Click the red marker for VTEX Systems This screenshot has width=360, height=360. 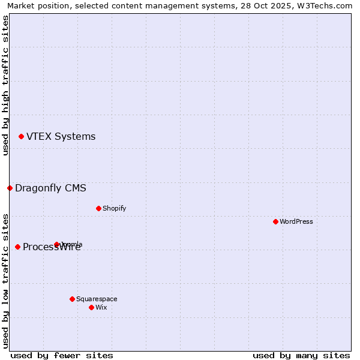(21, 137)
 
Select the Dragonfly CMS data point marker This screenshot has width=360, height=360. (10, 188)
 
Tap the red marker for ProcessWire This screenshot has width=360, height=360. (17, 247)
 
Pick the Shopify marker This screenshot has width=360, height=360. (98, 209)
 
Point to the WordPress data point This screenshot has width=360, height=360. (275, 222)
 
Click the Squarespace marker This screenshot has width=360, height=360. (72, 299)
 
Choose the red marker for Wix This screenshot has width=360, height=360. (91, 308)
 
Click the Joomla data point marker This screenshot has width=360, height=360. (56, 245)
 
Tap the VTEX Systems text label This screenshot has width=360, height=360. (61, 137)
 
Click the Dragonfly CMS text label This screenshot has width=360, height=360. (50, 188)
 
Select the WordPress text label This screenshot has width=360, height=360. (296, 222)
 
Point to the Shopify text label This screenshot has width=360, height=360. (114, 209)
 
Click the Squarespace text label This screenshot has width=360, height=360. (97, 299)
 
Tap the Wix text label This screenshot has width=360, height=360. (101, 308)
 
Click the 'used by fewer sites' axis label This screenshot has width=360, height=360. (62, 355)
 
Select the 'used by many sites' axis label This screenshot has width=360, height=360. (301, 355)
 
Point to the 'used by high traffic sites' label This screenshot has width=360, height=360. (5, 85)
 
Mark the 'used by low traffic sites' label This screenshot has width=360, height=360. (5, 281)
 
